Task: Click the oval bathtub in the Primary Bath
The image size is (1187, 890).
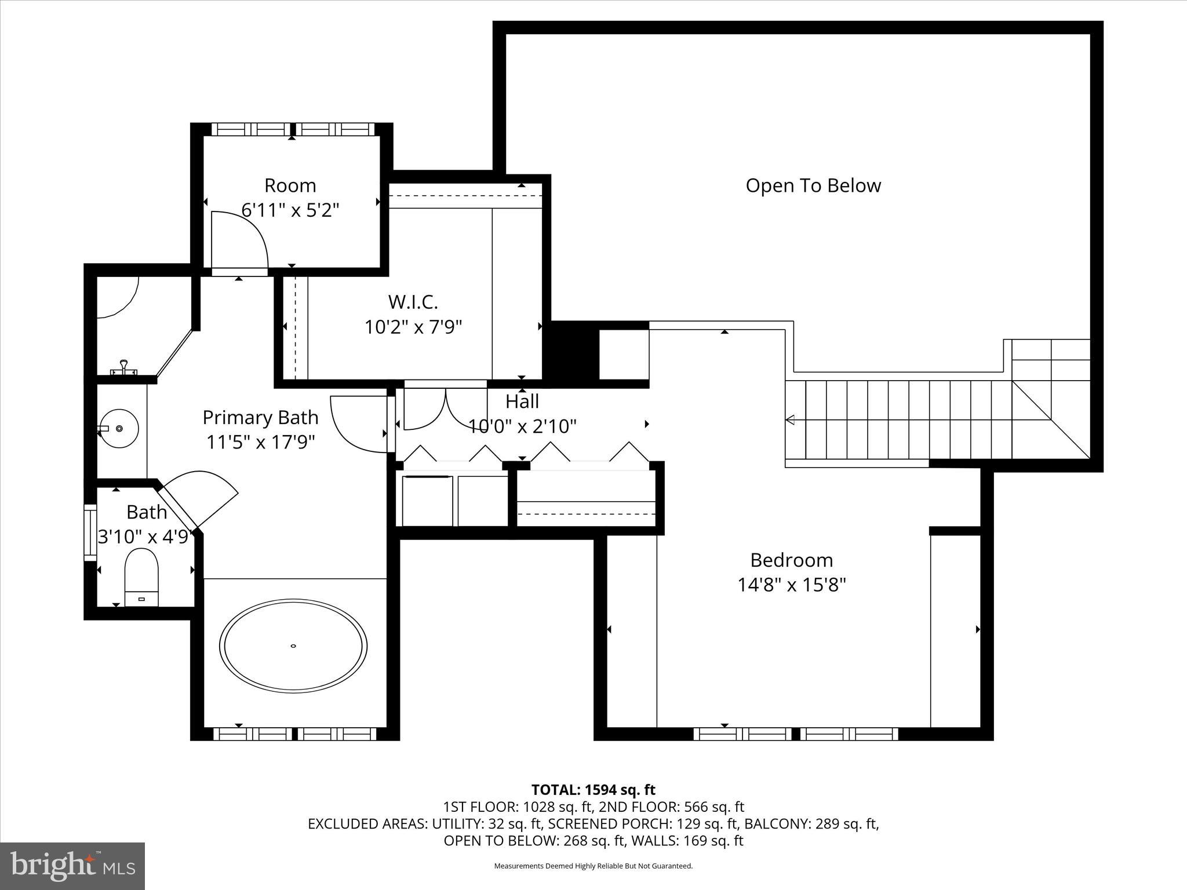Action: [293, 645]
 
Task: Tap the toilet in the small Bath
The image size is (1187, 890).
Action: [141, 577]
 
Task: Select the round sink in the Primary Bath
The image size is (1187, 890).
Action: [119, 428]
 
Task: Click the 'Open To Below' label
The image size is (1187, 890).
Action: [813, 185]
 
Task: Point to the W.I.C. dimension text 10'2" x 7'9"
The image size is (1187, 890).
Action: [413, 327]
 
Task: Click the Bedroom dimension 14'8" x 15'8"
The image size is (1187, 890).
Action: [791, 585]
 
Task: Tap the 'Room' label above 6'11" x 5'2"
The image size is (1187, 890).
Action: [290, 185]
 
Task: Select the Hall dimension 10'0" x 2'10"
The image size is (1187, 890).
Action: [522, 426]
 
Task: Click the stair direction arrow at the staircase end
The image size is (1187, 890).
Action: [790, 420]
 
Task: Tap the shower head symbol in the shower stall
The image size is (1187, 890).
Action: [123, 367]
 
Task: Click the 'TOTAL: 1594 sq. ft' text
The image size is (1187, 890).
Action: [593, 790]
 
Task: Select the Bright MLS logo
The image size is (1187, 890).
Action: [72, 865]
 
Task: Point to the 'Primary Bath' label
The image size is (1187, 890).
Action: [260, 417]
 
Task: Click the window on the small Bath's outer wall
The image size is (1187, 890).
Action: [90, 532]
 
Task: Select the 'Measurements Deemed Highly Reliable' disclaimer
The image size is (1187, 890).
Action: [593, 866]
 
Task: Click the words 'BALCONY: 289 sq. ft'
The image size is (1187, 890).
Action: [811, 823]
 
